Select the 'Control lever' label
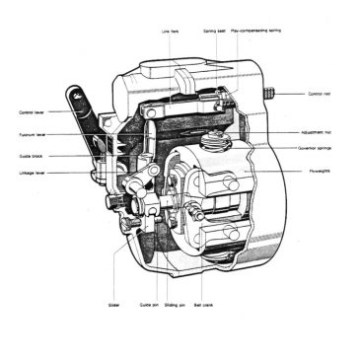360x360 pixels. (33, 112)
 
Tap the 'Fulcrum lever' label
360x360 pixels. (33, 134)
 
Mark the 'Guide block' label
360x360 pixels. (31, 155)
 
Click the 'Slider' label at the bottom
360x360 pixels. (113, 304)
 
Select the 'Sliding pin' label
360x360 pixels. (179, 304)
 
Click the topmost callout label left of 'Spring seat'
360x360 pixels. (171, 31)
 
